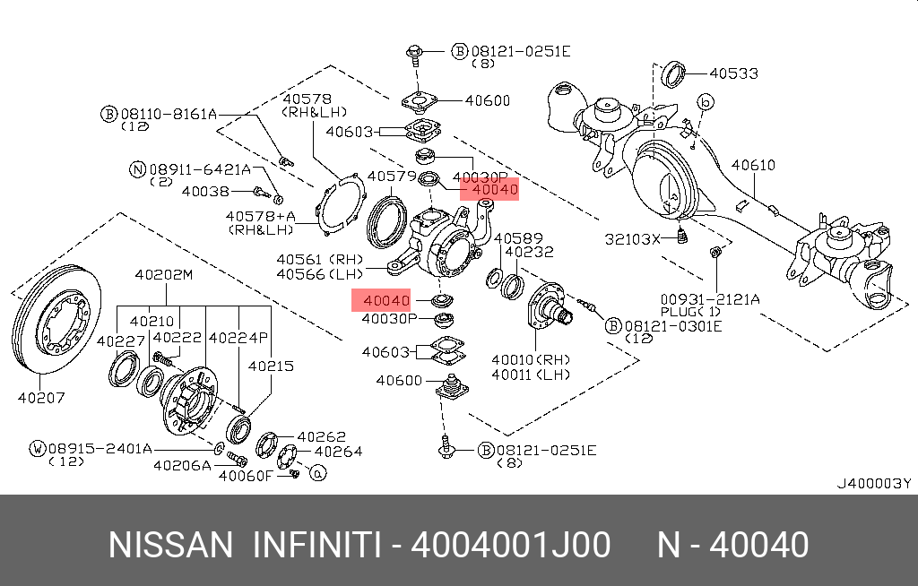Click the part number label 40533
[x=733, y=72]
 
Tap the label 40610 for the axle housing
[x=753, y=166]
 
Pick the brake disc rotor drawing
[x=55, y=323]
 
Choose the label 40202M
[x=163, y=274]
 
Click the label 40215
[x=270, y=366]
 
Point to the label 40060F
[x=245, y=476]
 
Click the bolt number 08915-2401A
[x=100, y=447]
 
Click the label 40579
[x=392, y=176]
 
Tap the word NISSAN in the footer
[x=169, y=545]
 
